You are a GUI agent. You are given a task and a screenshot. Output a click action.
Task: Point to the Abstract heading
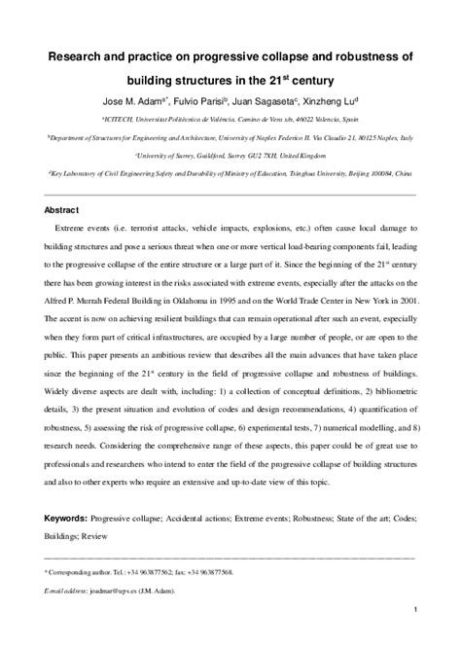pyautogui.click(x=63, y=210)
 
